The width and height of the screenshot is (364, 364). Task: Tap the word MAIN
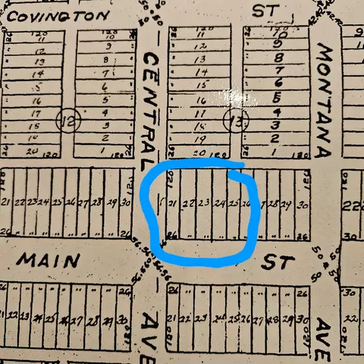[49, 260]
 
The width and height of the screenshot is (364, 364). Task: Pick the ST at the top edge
[262, 11]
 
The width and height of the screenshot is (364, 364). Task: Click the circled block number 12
[68, 120]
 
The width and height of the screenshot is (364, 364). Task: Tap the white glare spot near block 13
[239, 99]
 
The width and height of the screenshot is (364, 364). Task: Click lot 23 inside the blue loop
[203, 203]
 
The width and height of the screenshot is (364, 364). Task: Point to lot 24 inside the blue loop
[219, 203]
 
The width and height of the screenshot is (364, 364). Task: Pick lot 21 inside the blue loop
[173, 203]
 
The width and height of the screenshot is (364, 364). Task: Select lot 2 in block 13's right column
[275, 139]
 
